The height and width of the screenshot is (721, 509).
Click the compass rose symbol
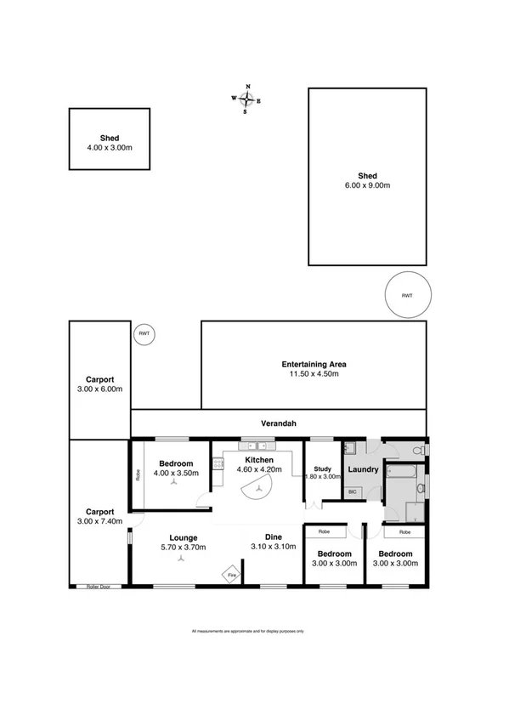pyautogui.click(x=247, y=99)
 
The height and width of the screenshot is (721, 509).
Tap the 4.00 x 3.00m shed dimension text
pyautogui.click(x=109, y=147)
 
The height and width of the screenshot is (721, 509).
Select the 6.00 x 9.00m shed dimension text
pyautogui.click(x=367, y=185)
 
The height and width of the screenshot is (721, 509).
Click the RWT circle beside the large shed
pyautogui.click(x=407, y=295)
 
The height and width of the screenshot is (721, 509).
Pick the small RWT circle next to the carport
pyautogui.click(x=144, y=333)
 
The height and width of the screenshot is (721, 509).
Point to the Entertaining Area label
pyautogui.click(x=314, y=364)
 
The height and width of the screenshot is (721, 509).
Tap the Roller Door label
pyautogui.click(x=99, y=586)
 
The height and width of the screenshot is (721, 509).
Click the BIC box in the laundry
pyautogui.click(x=352, y=491)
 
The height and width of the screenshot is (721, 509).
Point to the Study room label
pyautogui.click(x=321, y=468)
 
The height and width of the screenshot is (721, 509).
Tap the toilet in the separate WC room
pyautogui.click(x=416, y=449)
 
